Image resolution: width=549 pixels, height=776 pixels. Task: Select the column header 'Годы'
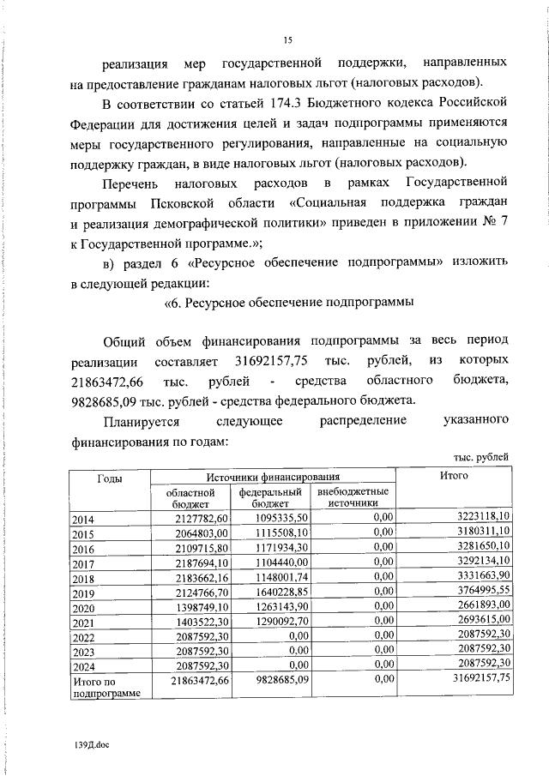109,477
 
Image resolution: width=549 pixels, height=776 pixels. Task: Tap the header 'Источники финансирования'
273,476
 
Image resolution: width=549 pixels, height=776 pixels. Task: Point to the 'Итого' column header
453,475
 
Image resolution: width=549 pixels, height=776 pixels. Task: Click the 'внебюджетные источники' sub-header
353,498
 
